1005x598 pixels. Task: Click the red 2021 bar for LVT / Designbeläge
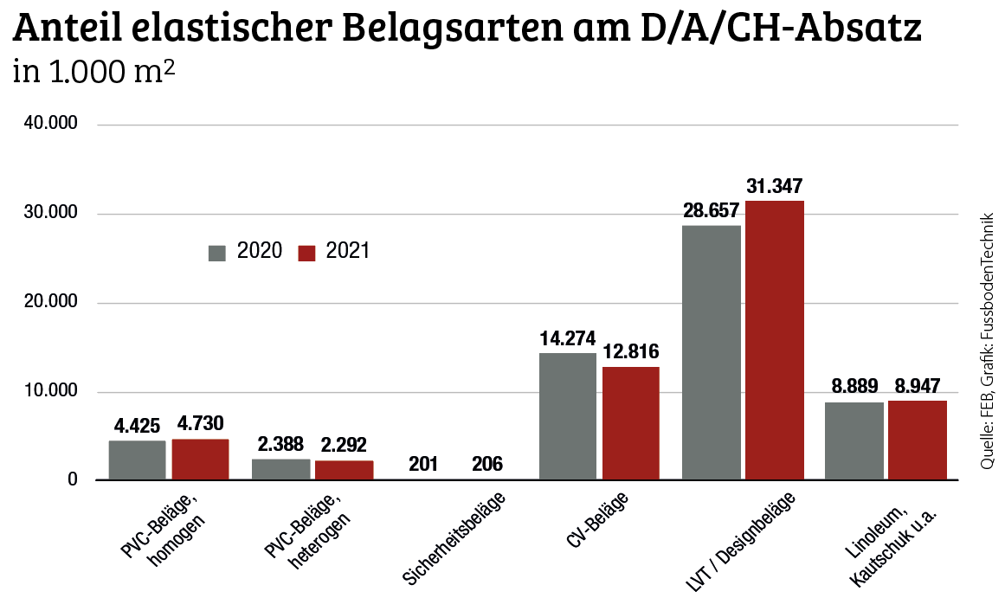pos(775,339)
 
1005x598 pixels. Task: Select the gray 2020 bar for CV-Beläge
pos(568,415)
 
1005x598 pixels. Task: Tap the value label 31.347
pos(775,186)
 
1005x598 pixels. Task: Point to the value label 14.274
pos(568,338)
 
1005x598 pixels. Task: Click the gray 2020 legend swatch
pos(216,253)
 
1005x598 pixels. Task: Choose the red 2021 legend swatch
pos(306,253)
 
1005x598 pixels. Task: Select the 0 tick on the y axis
pos(73,480)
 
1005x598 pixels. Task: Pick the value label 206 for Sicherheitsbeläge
pos(487,464)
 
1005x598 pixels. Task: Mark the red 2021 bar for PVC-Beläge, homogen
pos(200,459)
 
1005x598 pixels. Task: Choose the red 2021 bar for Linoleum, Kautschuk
pos(918,440)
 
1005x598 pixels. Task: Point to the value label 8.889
pos(854,386)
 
